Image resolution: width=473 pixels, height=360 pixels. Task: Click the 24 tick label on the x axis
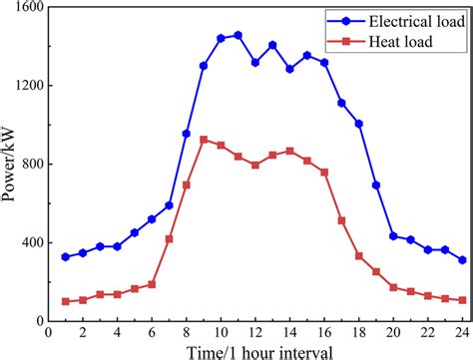pyautogui.click(x=462, y=332)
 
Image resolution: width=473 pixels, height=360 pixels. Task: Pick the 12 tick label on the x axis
pyautogui.click(x=255, y=332)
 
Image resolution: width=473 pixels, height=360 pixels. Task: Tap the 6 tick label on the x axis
pyautogui.click(x=152, y=332)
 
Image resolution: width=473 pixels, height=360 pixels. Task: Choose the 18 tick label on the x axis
pyautogui.click(x=358, y=332)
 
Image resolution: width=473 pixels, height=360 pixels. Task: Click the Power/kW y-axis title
pyautogui.click(x=9, y=165)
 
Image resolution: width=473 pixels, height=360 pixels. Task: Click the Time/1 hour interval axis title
pyautogui.click(x=255, y=350)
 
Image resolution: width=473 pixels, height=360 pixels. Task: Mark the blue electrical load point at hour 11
pyautogui.click(x=237, y=35)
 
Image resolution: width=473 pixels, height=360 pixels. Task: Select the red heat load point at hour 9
pyautogui.click(x=204, y=140)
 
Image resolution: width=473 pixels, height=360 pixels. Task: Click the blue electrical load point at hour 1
pyautogui.click(x=66, y=256)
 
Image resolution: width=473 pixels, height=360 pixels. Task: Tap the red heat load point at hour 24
pyautogui.click(x=462, y=300)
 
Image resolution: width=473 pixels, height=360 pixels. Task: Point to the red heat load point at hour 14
pyautogui.click(x=289, y=151)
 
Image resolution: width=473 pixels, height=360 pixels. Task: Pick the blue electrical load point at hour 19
pyautogui.click(x=376, y=185)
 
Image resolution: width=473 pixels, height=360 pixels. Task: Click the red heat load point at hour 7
pyautogui.click(x=169, y=239)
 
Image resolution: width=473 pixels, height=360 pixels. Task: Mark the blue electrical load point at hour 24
pyautogui.click(x=462, y=259)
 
